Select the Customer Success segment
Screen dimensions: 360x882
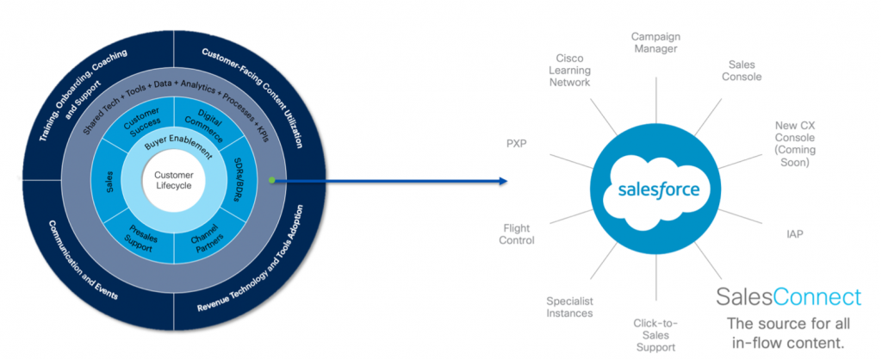point(143,123)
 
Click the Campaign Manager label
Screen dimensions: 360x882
point(655,43)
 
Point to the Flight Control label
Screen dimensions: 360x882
point(518,234)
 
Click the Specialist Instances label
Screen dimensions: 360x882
point(569,307)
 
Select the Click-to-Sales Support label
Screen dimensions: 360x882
point(655,335)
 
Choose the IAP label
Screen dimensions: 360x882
point(794,234)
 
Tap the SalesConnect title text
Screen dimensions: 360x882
point(788,298)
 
